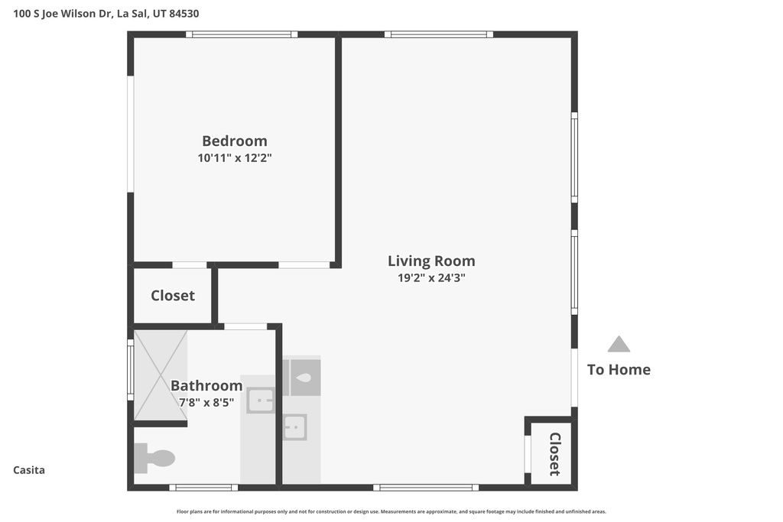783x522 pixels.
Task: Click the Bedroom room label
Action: pyautogui.click(x=234, y=141)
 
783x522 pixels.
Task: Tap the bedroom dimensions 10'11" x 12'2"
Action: pyautogui.click(x=234, y=158)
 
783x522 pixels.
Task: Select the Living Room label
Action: pyautogui.click(x=430, y=261)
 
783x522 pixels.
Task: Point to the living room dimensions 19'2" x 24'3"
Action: pyautogui.click(x=430, y=278)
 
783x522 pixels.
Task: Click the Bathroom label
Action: pyautogui.click(x=206, y=385)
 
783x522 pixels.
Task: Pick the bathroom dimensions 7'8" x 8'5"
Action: pyautogui.click(x=206, y=402)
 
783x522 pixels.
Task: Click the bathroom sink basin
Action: pyautogui.click(x=260, y=400)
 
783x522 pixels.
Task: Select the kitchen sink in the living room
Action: pyautogui.click(x=294, y=427)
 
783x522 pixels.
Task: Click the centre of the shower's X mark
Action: pyautogui.click(x=161, y=374)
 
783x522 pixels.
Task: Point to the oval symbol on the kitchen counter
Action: pyautogui.click(x=304, y=378)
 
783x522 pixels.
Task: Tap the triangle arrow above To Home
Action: pyautogui.click(x=619, y=345)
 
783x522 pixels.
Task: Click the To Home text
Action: pyautogui.click(x=619, y=370)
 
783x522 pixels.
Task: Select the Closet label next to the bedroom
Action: pyautogui.click(x=172, y=296)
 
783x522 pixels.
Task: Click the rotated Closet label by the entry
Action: pyautogui.click(x=554, y=454)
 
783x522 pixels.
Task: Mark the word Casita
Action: pyautogui.click(x=29, y=470)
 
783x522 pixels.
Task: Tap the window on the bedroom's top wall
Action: pyautogui.click(x=242, y=34)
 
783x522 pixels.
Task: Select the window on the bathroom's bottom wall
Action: pyautogui.click(x=203, y=487)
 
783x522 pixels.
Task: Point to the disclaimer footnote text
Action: pyautogui.click(x=391, y=512)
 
